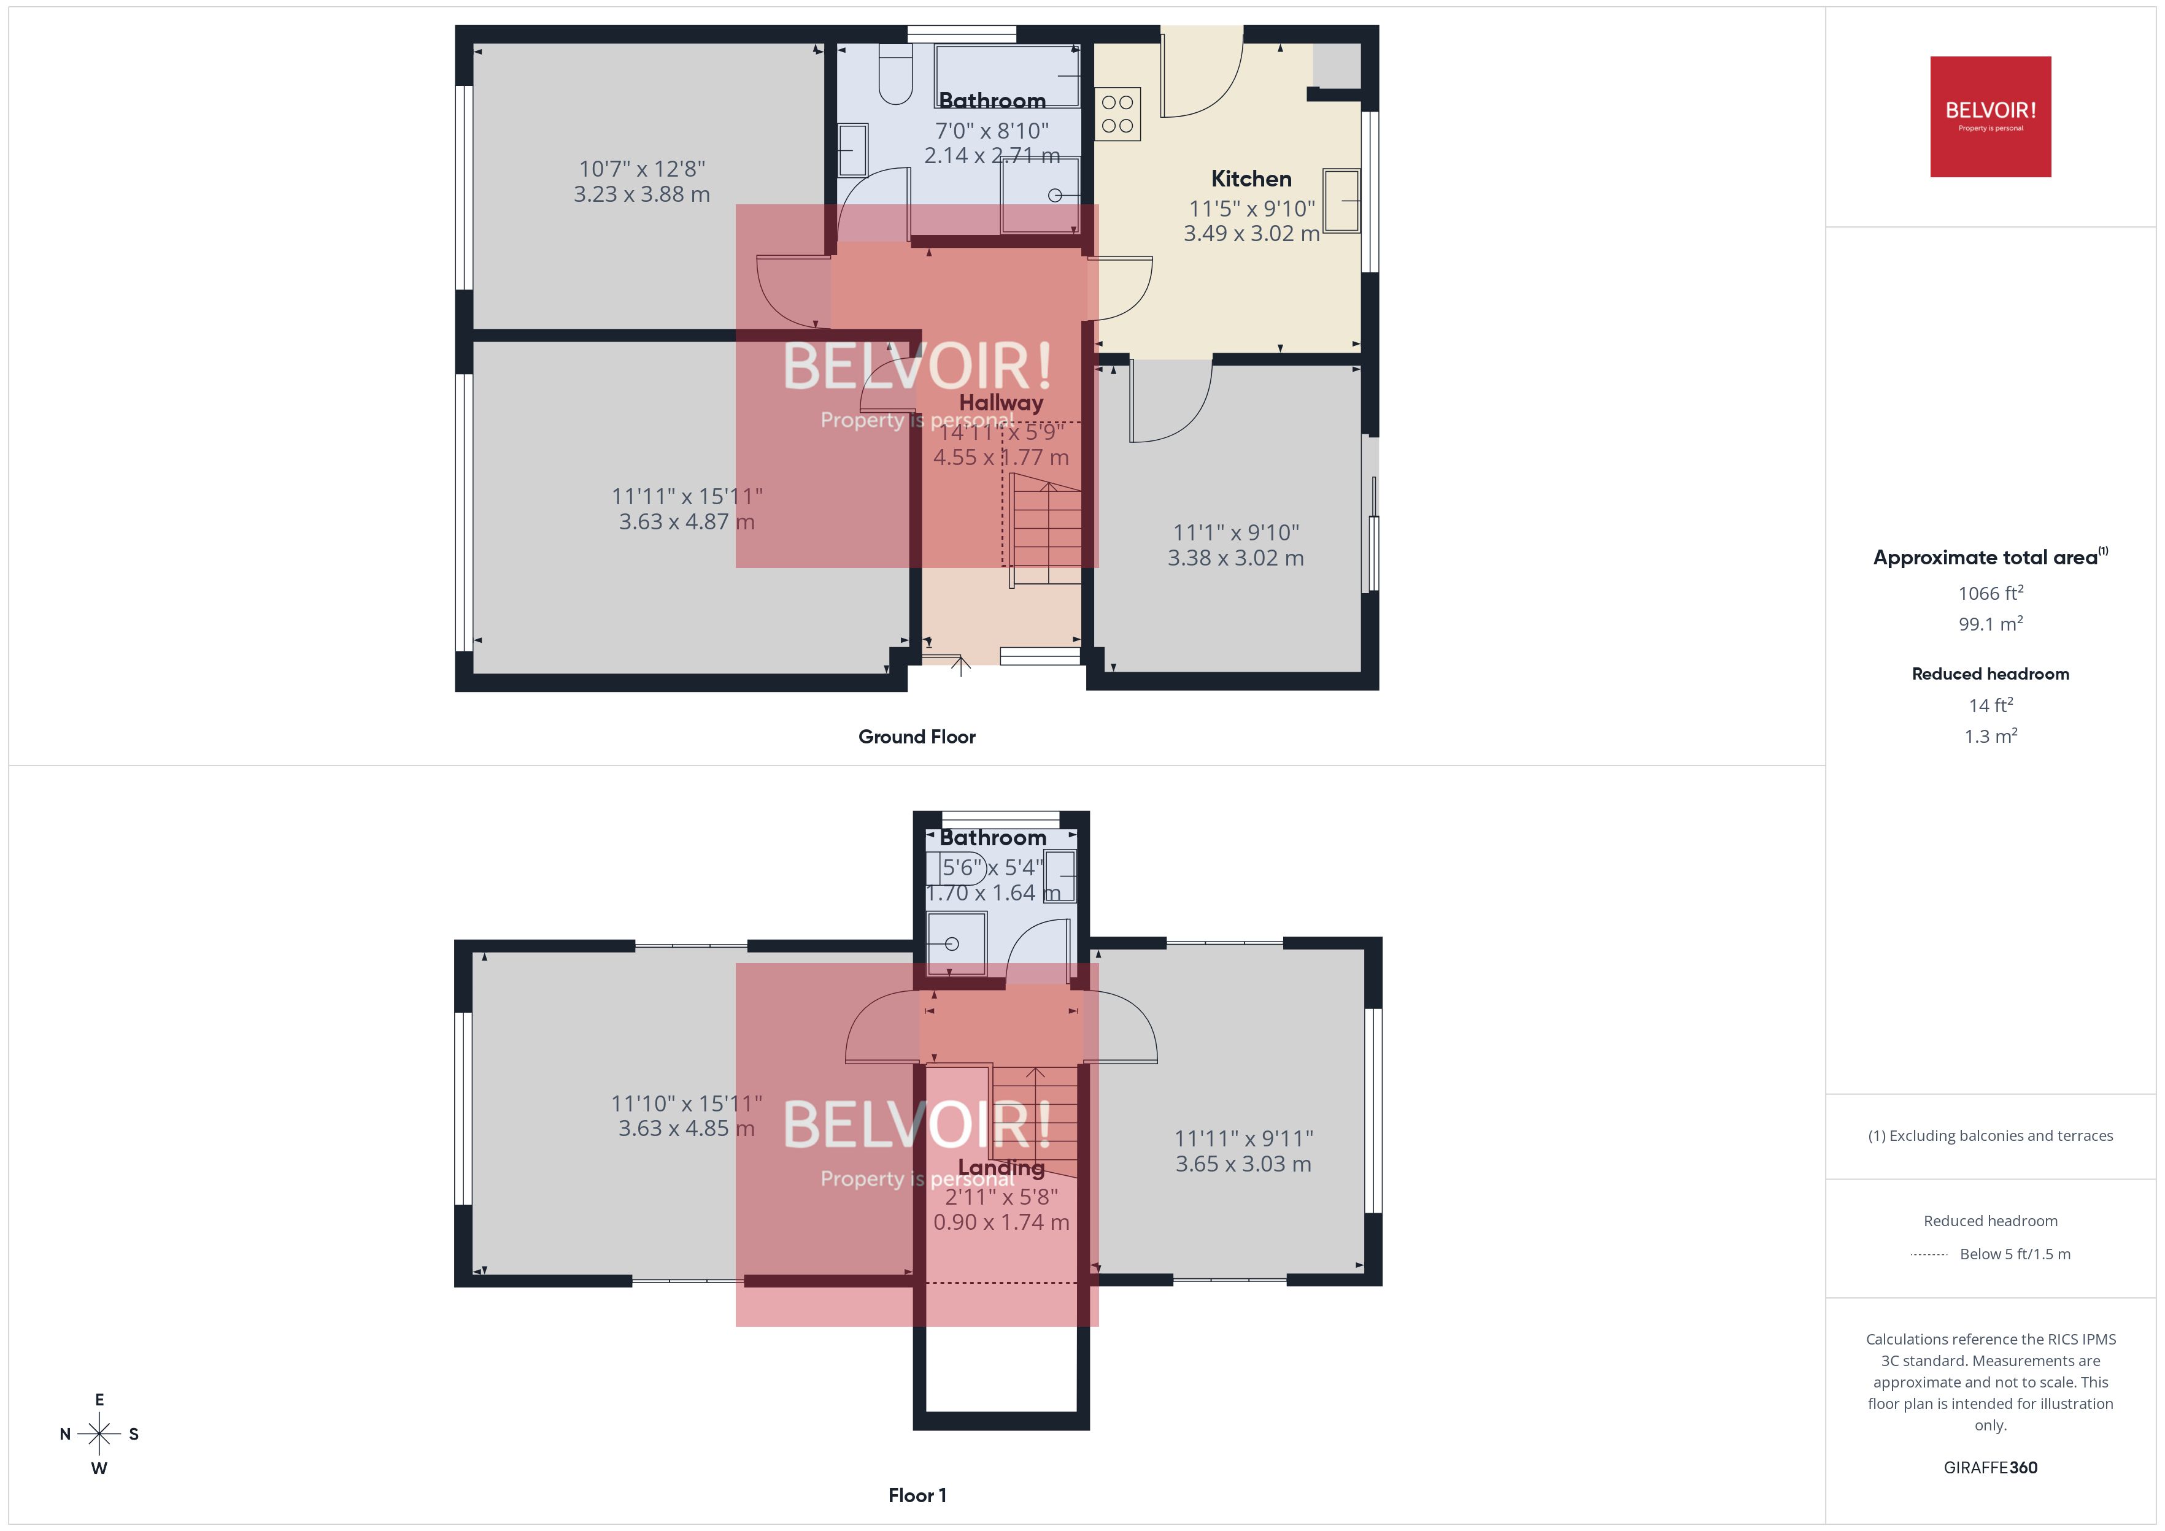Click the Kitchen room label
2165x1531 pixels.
tap(1251, 179)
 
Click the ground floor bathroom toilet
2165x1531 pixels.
tap(895, 76)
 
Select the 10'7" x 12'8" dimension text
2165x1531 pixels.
tap(642, 169)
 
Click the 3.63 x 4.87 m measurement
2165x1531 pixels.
tap(687, 521)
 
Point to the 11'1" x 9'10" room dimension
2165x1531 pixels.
tap(1235, 532)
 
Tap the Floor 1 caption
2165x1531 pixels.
tap(917, 1495)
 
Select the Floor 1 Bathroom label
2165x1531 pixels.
tap(993, 837)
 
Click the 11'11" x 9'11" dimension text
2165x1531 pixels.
tap(1243, 1139)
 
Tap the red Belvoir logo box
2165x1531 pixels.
tap(1989, 117)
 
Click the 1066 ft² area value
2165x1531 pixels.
tap(1989, 593)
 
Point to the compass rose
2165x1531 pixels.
tap(99, 1434)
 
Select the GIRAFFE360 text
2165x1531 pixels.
tap(1989, 1468)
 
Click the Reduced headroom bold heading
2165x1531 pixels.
tap(1989, 674)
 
